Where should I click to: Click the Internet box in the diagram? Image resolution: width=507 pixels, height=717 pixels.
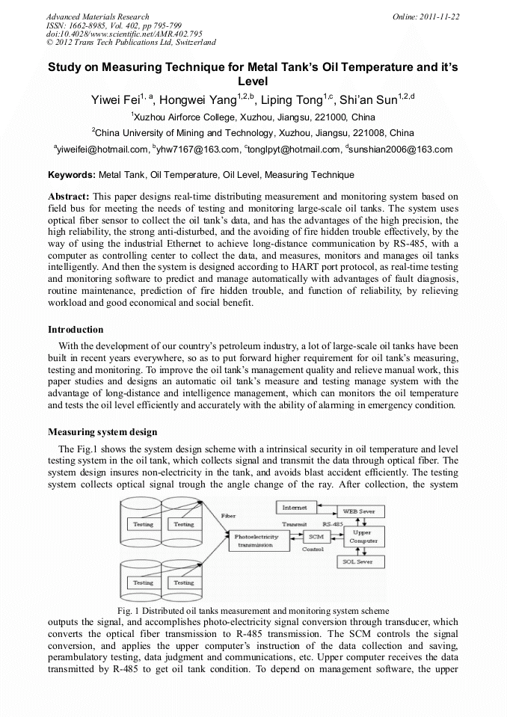294,508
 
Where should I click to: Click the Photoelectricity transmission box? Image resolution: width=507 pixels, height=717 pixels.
256,541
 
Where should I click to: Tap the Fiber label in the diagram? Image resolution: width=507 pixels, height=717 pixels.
229,516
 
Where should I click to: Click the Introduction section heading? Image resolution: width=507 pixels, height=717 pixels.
76,330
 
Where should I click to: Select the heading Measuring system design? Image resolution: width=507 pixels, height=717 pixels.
102,432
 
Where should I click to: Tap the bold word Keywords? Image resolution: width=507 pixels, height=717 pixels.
72,175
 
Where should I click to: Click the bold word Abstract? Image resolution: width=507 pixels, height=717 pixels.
70,196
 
